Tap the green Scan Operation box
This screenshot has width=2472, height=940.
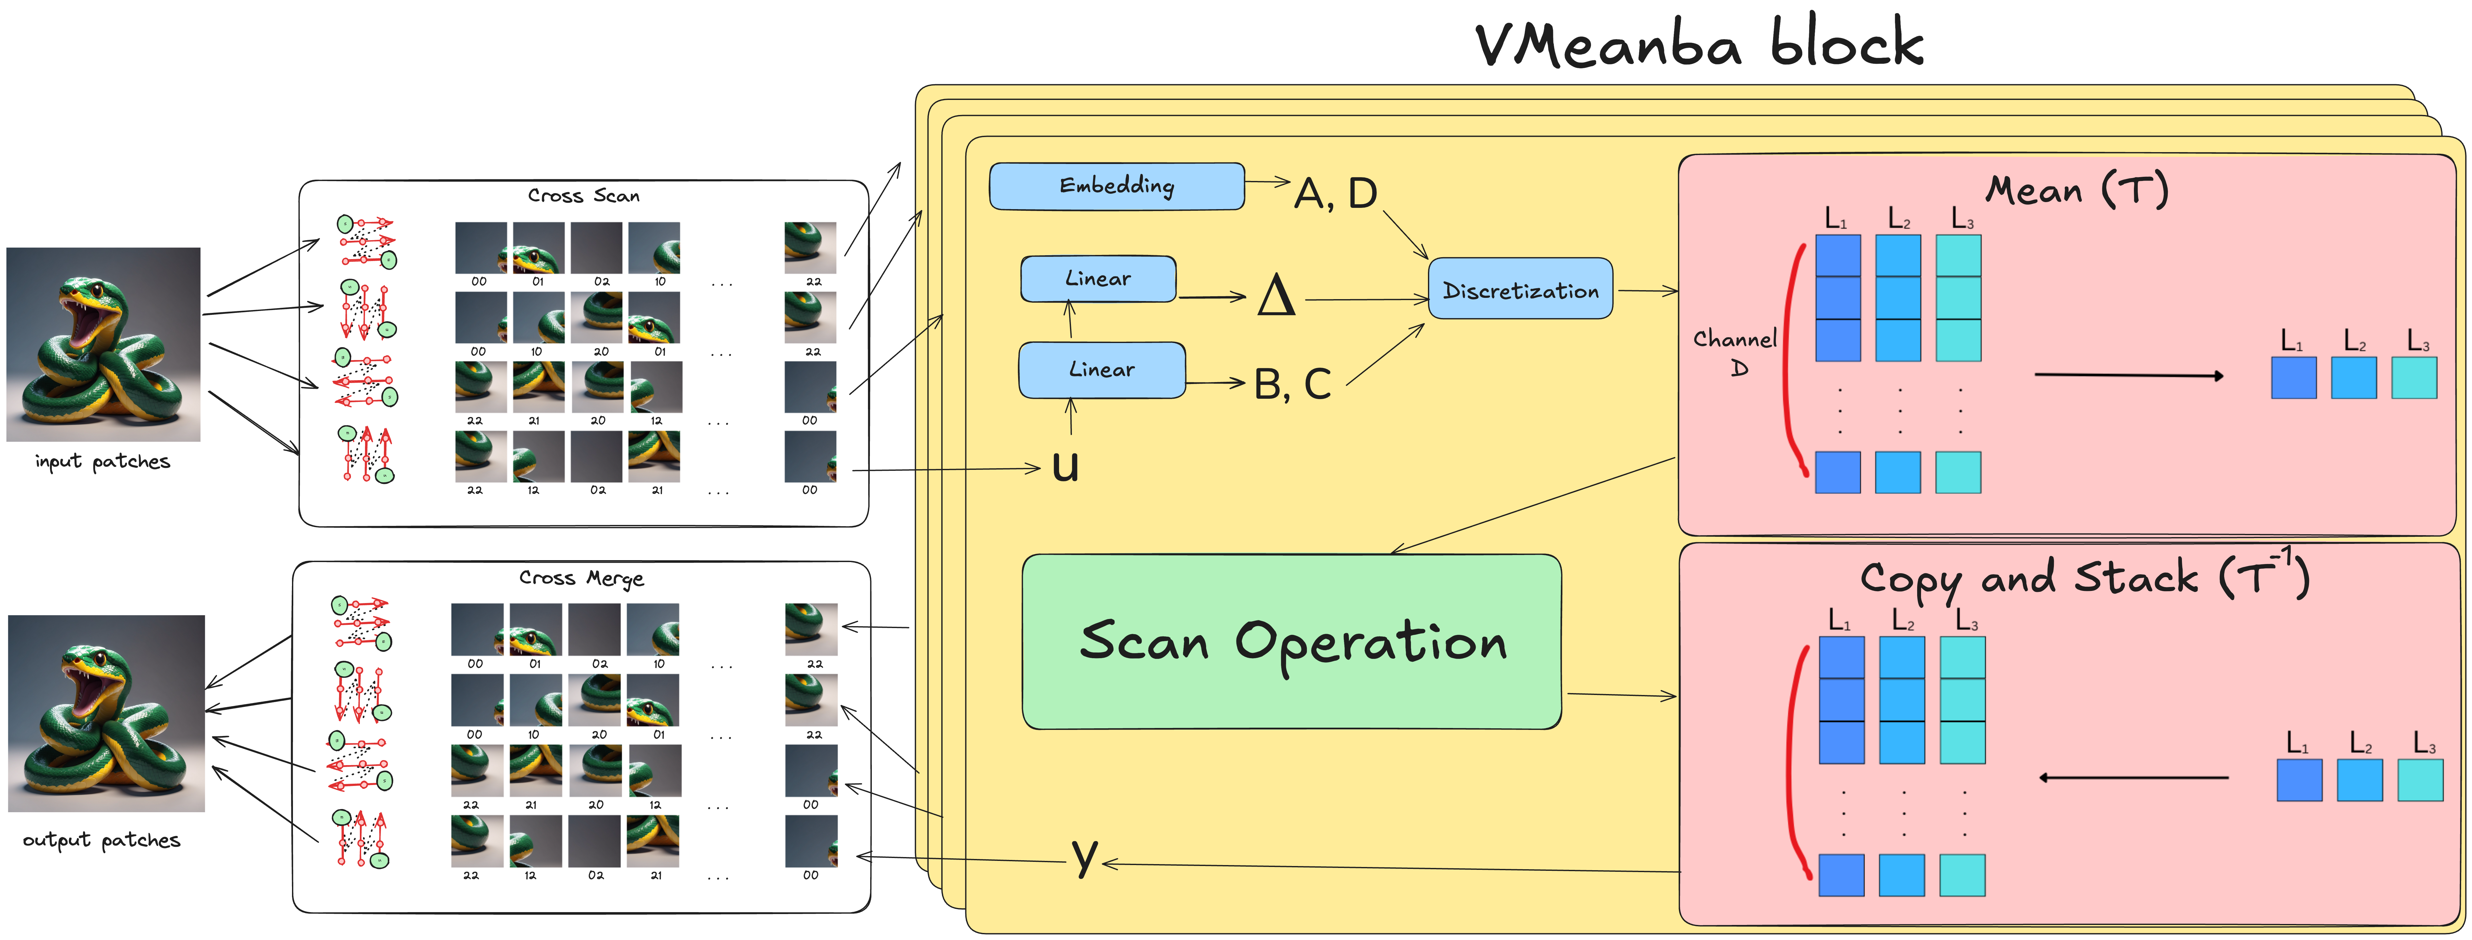click(1292, 642)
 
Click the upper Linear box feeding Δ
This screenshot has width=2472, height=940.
click(1098, 278)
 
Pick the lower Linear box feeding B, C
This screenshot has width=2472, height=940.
click(1102, 370)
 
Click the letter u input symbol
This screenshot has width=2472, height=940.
click(1065, 467)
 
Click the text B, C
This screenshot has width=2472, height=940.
click(1292, 384)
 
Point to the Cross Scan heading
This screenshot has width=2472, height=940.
click(583, 196)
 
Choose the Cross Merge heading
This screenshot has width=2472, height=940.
click(581, 578)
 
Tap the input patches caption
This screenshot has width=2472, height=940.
click(103, 462)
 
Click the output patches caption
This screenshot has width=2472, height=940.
click(102, 840)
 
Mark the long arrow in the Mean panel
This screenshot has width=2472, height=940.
click(2128, 374)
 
